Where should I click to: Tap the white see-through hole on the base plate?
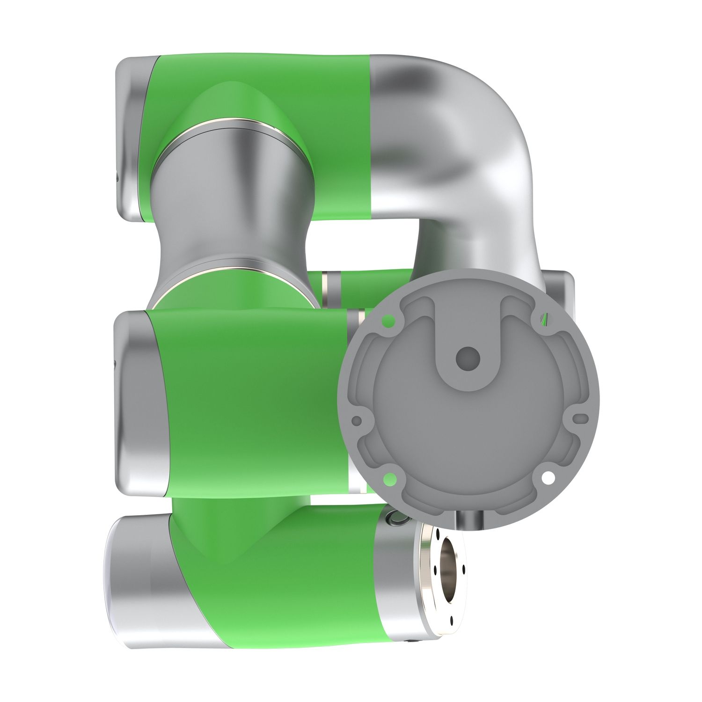tap(548, 478)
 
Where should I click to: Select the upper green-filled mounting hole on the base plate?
tap(388, 321)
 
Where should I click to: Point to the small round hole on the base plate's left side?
tap(357, 420)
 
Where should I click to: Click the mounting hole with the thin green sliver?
tap(543, 319)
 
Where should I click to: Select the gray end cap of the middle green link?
tap(136, 402)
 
